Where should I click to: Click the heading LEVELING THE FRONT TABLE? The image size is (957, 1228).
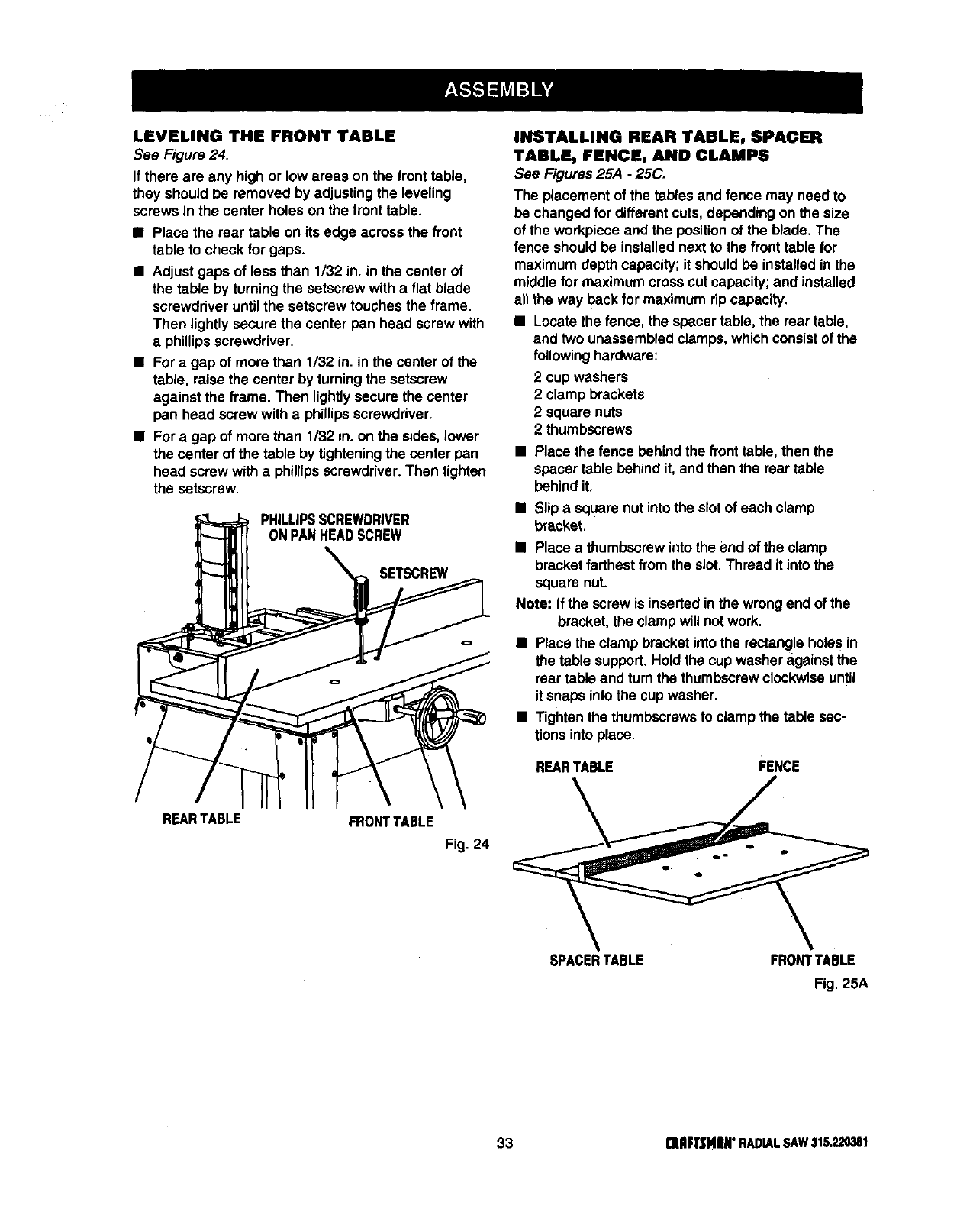point(264,137)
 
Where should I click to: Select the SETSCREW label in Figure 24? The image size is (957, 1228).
point(414,573)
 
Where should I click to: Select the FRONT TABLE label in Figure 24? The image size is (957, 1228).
point(391,821)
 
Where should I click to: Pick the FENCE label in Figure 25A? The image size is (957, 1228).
point(779,766)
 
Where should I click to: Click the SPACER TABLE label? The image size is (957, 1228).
point(596,960)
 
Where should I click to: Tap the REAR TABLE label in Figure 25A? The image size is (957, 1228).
point(574,766)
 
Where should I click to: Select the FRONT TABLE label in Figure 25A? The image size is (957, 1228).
point(812,960)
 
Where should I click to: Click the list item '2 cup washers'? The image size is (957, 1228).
point(581,377)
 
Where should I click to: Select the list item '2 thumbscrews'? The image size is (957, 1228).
point(583,429)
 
